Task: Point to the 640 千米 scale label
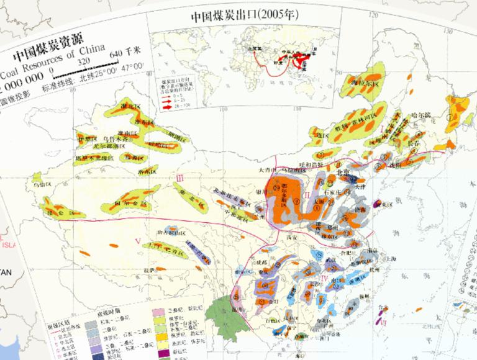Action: point(126,53)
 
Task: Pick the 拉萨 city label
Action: point(148,270)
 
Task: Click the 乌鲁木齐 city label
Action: point(115,140)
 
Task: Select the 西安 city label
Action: point(289,236)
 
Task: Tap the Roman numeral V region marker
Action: point(138,240)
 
